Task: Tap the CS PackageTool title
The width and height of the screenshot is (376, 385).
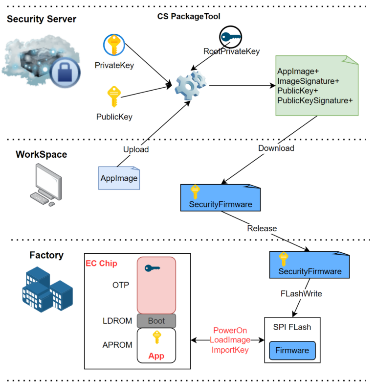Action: [x=189, y=16]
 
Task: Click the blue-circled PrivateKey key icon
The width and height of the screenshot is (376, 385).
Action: [x=114, y=46]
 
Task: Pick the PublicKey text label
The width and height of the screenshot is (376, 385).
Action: [x=114, y=117]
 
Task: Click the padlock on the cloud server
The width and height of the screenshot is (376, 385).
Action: [x=65, y=74]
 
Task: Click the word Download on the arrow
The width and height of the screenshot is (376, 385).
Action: [x=276, y=148]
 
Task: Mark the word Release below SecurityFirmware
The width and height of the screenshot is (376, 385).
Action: [x=262, y=228]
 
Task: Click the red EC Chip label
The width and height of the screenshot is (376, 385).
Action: [x=101, y=263]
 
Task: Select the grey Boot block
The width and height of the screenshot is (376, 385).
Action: [x=156, y=321]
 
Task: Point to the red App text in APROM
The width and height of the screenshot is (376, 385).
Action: [x=156, y=356]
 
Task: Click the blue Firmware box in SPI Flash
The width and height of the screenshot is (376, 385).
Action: [x=292, y=350]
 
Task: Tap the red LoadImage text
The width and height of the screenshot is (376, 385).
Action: [x=230, y=340]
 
